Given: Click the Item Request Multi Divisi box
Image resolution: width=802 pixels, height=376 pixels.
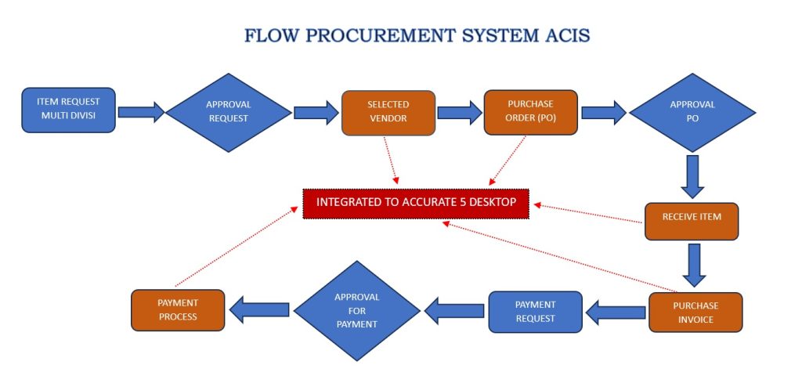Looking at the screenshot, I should click(x=69, y=110).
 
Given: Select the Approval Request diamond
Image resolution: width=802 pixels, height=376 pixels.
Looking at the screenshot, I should click(x=227, y=112).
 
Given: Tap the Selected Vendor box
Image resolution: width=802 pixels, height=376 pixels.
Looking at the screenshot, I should click(x=388, y=113).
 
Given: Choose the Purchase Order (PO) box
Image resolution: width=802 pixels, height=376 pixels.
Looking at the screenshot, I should click(x=530, y=113).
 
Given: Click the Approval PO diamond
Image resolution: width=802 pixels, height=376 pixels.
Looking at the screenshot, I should click(x=692, y=112).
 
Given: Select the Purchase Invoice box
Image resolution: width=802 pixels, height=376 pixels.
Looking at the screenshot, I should click(x=695, y=312).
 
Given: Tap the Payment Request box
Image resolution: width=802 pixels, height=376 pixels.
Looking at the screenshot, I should click(x=535, y=311).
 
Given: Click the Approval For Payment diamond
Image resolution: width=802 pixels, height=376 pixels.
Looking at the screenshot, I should click(x=356, y=311).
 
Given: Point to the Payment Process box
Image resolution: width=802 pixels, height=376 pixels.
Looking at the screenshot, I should click(x=178, y=309).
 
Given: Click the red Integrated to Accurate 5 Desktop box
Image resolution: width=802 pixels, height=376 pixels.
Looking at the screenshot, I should click(x=416, y=202).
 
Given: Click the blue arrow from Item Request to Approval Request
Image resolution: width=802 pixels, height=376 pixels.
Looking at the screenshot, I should click(x=142, y=112).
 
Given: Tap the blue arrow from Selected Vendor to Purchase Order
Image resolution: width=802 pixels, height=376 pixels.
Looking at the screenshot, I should click(x=459, y=113).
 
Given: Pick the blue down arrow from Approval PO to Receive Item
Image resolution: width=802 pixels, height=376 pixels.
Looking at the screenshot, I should click(x=692, y=175).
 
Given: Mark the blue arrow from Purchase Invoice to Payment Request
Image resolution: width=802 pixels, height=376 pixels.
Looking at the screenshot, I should click(x=616, y=313).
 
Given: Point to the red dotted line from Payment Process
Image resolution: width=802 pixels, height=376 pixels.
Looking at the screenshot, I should click(x=239, y=247).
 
